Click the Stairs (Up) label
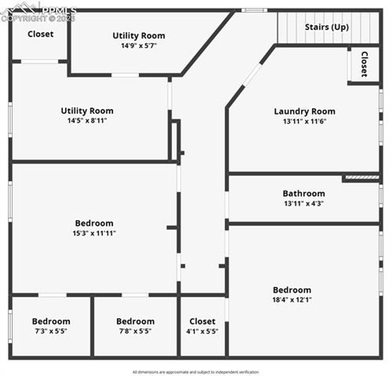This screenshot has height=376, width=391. pos(327,27)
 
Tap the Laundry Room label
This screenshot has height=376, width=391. pos(304,111)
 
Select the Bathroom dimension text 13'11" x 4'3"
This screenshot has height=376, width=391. pos(304,203)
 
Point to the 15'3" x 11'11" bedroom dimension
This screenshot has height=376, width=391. pos(94,233)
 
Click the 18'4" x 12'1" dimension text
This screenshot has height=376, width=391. pos(292,299)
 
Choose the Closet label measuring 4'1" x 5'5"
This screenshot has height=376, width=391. pos(202,321)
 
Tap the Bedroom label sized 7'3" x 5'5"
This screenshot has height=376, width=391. pos(51,321)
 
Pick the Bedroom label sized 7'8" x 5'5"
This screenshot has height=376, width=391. pos(136,321)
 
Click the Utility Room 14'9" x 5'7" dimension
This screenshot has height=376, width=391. pos(139,46)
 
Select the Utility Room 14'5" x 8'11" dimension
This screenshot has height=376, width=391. pos(87,121)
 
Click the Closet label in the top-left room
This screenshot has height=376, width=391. pos(40,34)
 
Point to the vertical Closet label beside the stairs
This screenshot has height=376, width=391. pos(364,64)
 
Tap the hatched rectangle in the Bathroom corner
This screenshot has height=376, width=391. pos(362,177)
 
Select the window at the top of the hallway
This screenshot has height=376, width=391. pos(254,10)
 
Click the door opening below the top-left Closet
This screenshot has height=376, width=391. pos(40,61)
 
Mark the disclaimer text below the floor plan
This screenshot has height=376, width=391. pos(195,372)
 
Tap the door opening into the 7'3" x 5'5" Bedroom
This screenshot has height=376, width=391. pos(52,295)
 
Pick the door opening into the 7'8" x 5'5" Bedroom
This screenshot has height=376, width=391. pos(135,295)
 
